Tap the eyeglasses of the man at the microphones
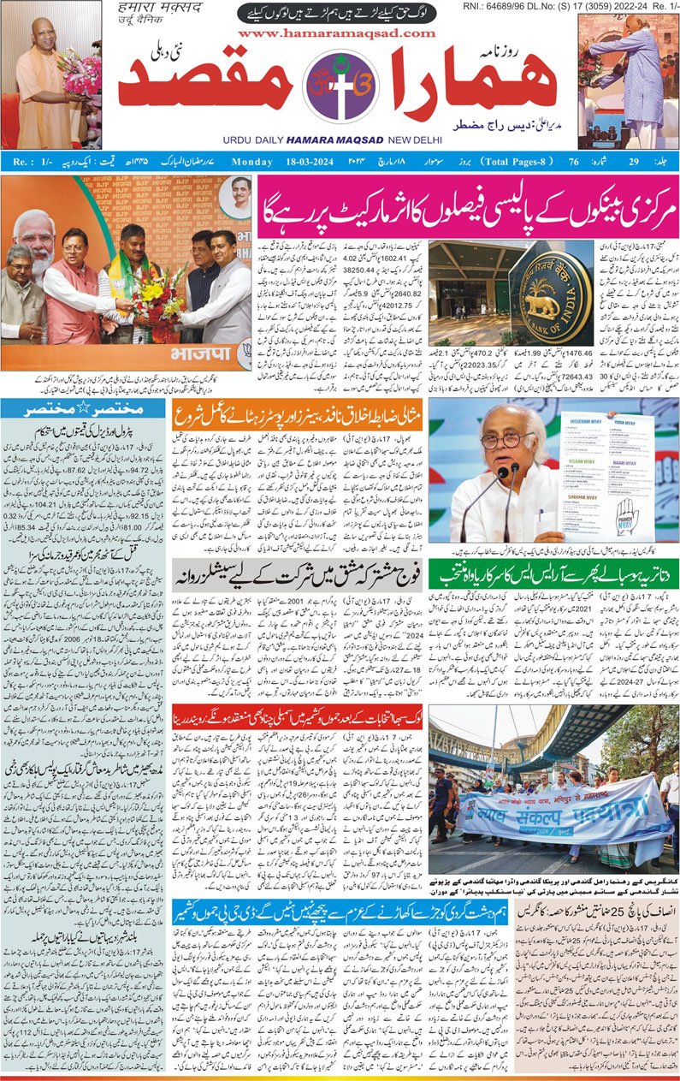click(500, 441)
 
